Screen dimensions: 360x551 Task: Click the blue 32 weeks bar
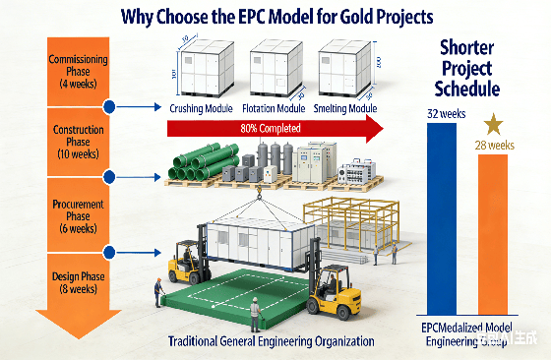(441, 215)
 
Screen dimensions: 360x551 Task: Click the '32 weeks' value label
(446, 113)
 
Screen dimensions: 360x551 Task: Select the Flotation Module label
(273, 108)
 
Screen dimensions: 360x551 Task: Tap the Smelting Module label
(344, 108)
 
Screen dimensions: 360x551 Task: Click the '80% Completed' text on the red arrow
(271, 127)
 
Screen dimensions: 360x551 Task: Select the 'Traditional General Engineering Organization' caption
(272, 340)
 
